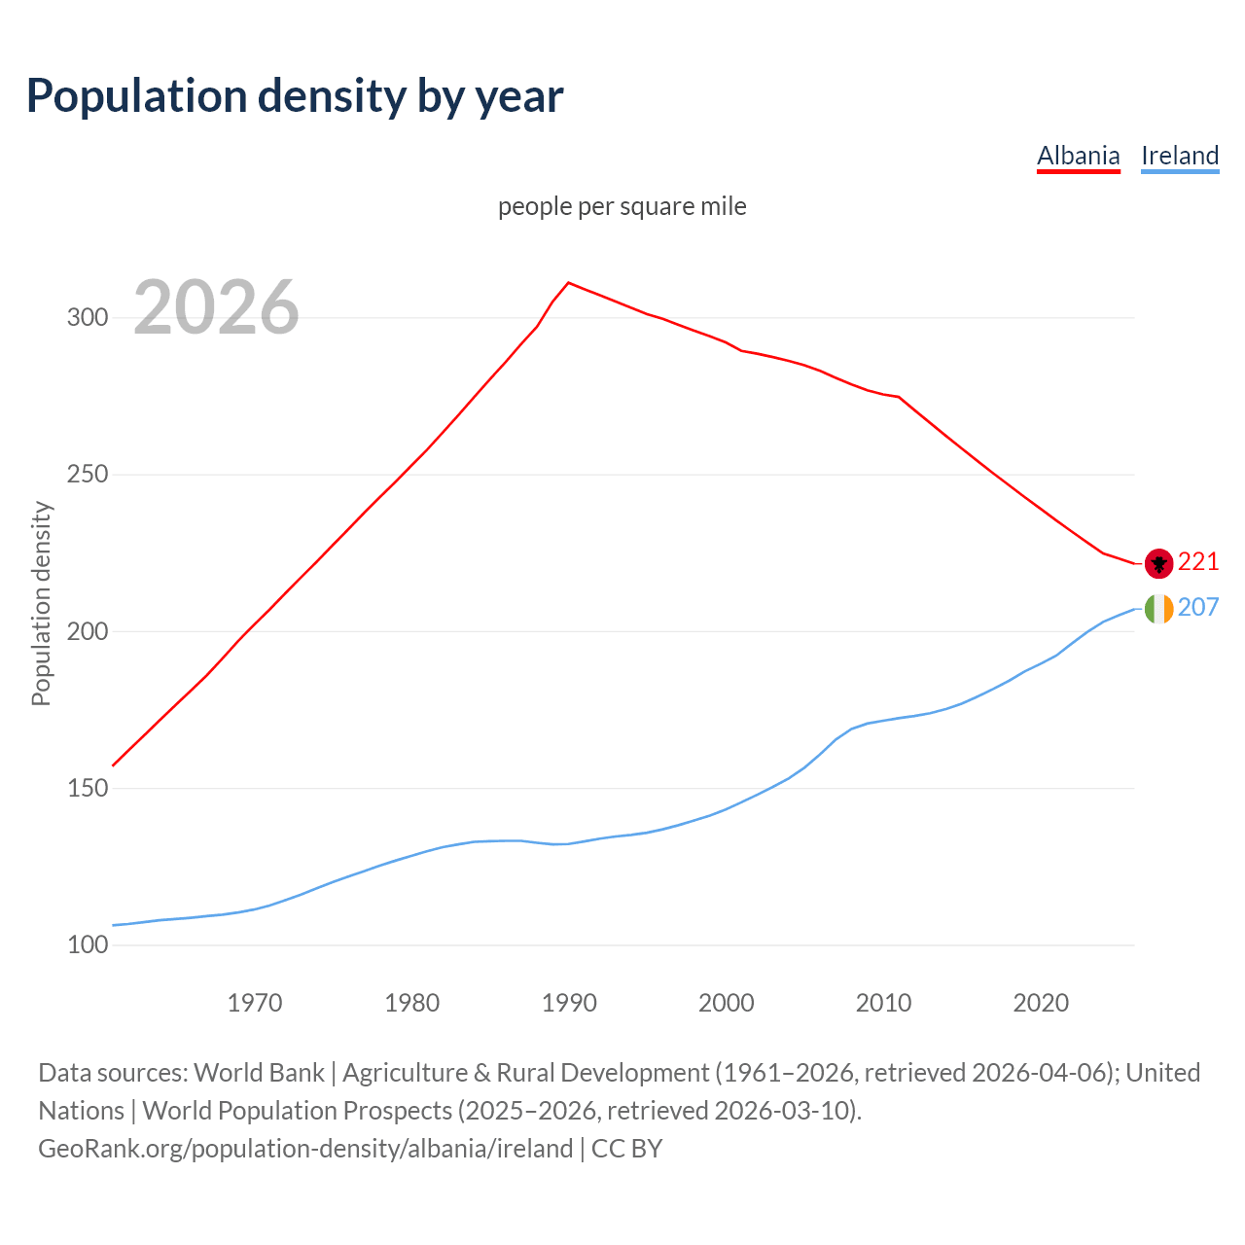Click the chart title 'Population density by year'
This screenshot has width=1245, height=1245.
coord(295,96)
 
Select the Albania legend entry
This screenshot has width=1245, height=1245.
coord(1078,156)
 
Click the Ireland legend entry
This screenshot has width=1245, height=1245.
coord(1179,156)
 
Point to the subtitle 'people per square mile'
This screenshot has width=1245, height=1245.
coord(622,207)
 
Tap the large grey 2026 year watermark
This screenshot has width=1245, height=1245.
coord(216,307)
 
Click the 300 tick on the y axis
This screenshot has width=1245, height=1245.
coord(88,318)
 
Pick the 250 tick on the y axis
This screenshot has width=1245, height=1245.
coord(88,475)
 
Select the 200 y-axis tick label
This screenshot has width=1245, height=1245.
coord(88,632)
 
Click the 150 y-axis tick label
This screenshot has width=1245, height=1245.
coord(88,789)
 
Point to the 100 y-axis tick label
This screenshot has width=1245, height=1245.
coord(88,945)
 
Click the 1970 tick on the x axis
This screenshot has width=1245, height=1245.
coord(255,1003)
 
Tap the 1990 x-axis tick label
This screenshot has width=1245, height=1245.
coord(569,1003)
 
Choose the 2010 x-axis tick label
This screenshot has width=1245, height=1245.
coord(883,1003)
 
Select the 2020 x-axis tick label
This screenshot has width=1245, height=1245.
coord(1041,1003)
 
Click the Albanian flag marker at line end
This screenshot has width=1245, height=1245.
coord(1158,562)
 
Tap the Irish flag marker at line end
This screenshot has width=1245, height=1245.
coord(1158,609)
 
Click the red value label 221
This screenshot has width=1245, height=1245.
coord(1198,562)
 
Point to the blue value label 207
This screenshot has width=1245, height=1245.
coord(1198,608)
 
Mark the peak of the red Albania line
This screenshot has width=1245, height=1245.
coord(569,283)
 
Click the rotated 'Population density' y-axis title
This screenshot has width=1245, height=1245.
coord(41,603)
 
